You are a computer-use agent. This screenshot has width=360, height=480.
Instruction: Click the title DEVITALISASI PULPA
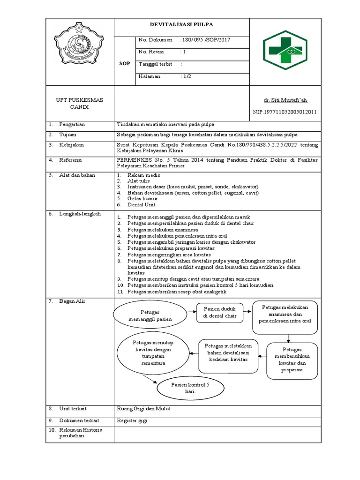(x=181, y=25)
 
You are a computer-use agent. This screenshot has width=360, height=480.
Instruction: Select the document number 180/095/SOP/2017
(x=206, y=40)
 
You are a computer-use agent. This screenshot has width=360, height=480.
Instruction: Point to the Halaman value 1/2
(x=187, y=76)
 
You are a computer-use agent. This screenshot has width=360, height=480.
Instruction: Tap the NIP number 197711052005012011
(x=285, y=112)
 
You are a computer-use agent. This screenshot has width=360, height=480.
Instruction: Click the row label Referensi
(x=70, y=160)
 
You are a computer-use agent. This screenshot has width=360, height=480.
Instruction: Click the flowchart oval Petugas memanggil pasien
(x=150, y=315)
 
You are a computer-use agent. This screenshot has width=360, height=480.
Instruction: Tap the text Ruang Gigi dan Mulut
(x=143, y=408)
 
